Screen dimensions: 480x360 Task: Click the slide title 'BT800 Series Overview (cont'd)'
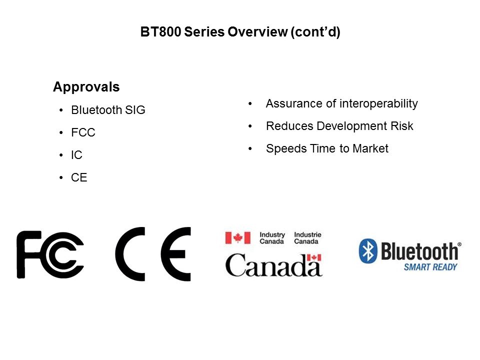tap(240, 32)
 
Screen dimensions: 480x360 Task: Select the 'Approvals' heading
tap(86, 87)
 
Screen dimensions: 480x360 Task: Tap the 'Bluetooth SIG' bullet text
tap(108, 110)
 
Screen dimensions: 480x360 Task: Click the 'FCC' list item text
tap(83, 132)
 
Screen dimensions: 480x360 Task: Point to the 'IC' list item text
tap(76, 155)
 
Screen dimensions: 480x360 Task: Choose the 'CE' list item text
tap(79, 177)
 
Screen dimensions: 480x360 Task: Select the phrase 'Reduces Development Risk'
tap(339, 126)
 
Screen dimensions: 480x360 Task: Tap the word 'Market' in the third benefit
tap(370, 148)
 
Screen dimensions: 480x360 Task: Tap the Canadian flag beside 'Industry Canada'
tap(238, 238)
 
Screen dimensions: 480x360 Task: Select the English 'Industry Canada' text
tap(272, 238)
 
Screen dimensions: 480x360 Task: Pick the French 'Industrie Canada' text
tap(307, 238)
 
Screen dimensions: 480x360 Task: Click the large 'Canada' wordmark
tap(273, 265)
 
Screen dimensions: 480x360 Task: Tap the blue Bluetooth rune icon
tap(368, 251)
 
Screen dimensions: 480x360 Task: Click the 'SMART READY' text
tap(430, 267)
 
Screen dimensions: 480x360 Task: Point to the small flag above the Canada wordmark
tap(314, 257)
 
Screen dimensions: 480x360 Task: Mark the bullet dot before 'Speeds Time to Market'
tap(250, 149)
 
